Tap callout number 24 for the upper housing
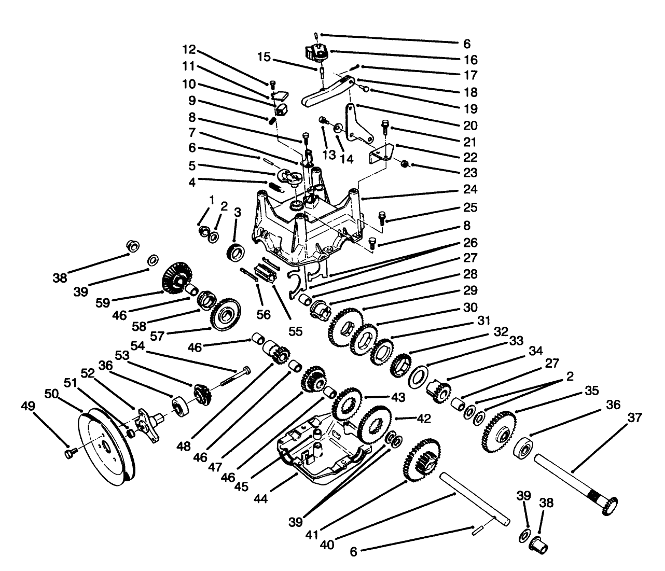pyautogui.click(x=471, y=189)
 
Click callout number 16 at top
pyautogui.click(x=471, y=60)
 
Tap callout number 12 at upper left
pyautogui.click(x=189, y=50)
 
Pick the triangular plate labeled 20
pyautogui.click(x=358, y=124)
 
